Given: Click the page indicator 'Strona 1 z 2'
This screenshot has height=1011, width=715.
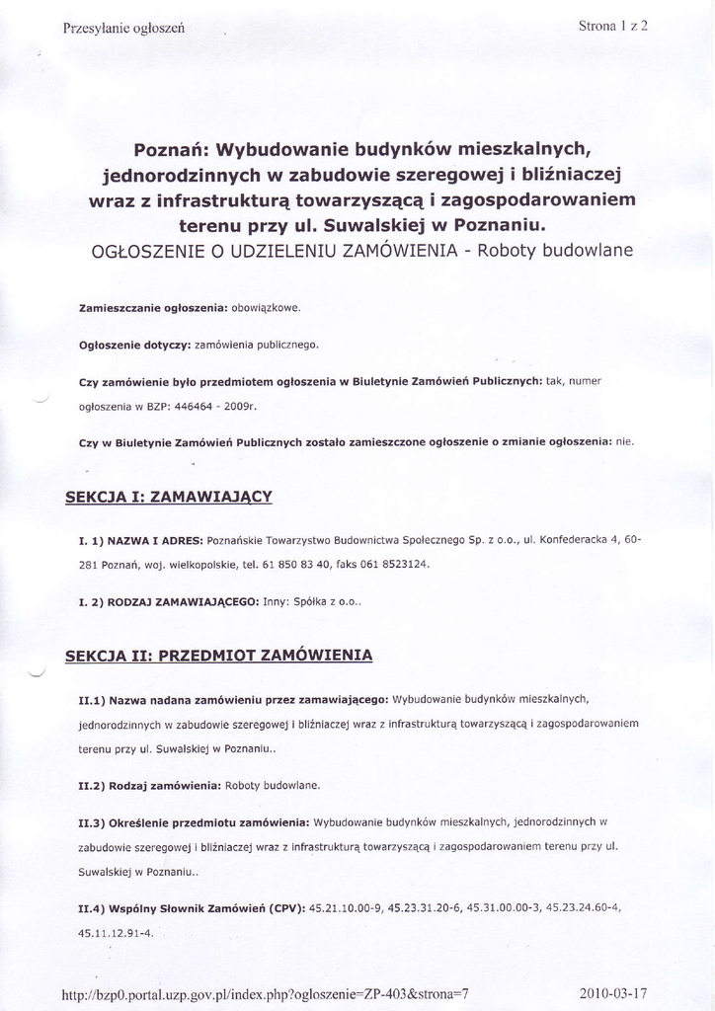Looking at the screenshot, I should pyautogui.click(x=612, y=26).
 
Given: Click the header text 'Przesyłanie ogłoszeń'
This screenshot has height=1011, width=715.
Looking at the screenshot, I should pyautogui.click(x=123, y=29).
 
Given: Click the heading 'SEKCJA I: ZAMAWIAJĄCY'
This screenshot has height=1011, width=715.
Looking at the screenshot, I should pyautogui.click(x=167, y=496).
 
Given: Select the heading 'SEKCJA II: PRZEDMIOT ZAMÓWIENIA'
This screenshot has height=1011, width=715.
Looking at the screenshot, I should pyautogui.click(x=218, y=656).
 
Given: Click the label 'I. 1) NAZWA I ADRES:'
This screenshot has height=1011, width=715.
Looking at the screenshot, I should pyautogui.click(x=141, y=540).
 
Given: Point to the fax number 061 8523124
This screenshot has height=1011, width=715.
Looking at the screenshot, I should pyautogui.click(x=395, y=565).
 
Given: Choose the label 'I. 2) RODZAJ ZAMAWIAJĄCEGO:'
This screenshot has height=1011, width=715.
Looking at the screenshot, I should pyautogui.click(x=168, y=601).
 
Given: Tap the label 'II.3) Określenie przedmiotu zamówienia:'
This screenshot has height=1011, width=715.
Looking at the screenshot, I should pyautogui.click(x=195, y=821).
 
